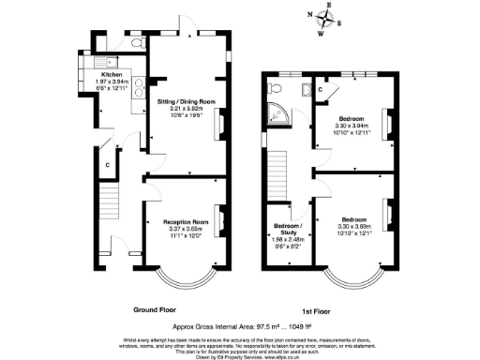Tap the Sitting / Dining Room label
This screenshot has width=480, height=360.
(186, 101)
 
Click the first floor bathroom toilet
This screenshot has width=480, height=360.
(275, 88)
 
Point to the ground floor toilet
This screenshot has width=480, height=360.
(138, 43)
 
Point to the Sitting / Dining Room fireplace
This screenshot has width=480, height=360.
(221, 122)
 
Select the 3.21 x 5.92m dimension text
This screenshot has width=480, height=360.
(186, 109)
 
